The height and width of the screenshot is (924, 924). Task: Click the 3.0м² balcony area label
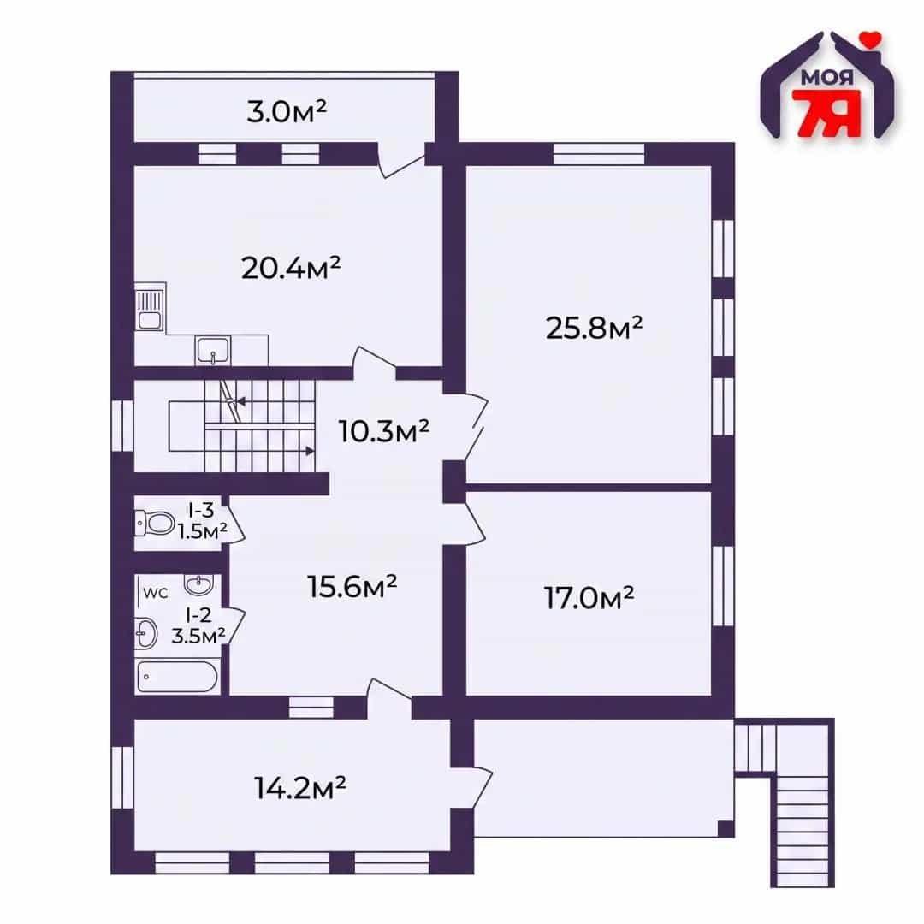click(287, 110)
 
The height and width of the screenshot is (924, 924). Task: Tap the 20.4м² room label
click(291, 268)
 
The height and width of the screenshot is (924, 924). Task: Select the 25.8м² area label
click(594, 328)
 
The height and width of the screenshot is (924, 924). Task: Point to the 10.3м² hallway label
click(383, 431)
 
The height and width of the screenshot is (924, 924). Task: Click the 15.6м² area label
click(352, 586)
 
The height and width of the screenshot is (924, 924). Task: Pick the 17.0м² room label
click(589, 597)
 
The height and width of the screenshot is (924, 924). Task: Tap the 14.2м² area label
click(300, 787)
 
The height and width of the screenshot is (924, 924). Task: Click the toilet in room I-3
click(154, 523)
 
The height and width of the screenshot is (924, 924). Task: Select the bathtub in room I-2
click(177, 677)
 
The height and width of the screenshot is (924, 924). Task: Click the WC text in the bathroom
click(156, 594)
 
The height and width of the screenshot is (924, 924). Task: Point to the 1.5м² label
click(203, 531)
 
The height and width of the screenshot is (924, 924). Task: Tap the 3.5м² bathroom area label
click(198, 636)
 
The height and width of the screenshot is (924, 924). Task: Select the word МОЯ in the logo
click(826, 78)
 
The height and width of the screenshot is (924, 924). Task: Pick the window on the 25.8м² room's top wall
click(599, 154)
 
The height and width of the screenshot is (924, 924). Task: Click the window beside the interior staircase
click(122, 425)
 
